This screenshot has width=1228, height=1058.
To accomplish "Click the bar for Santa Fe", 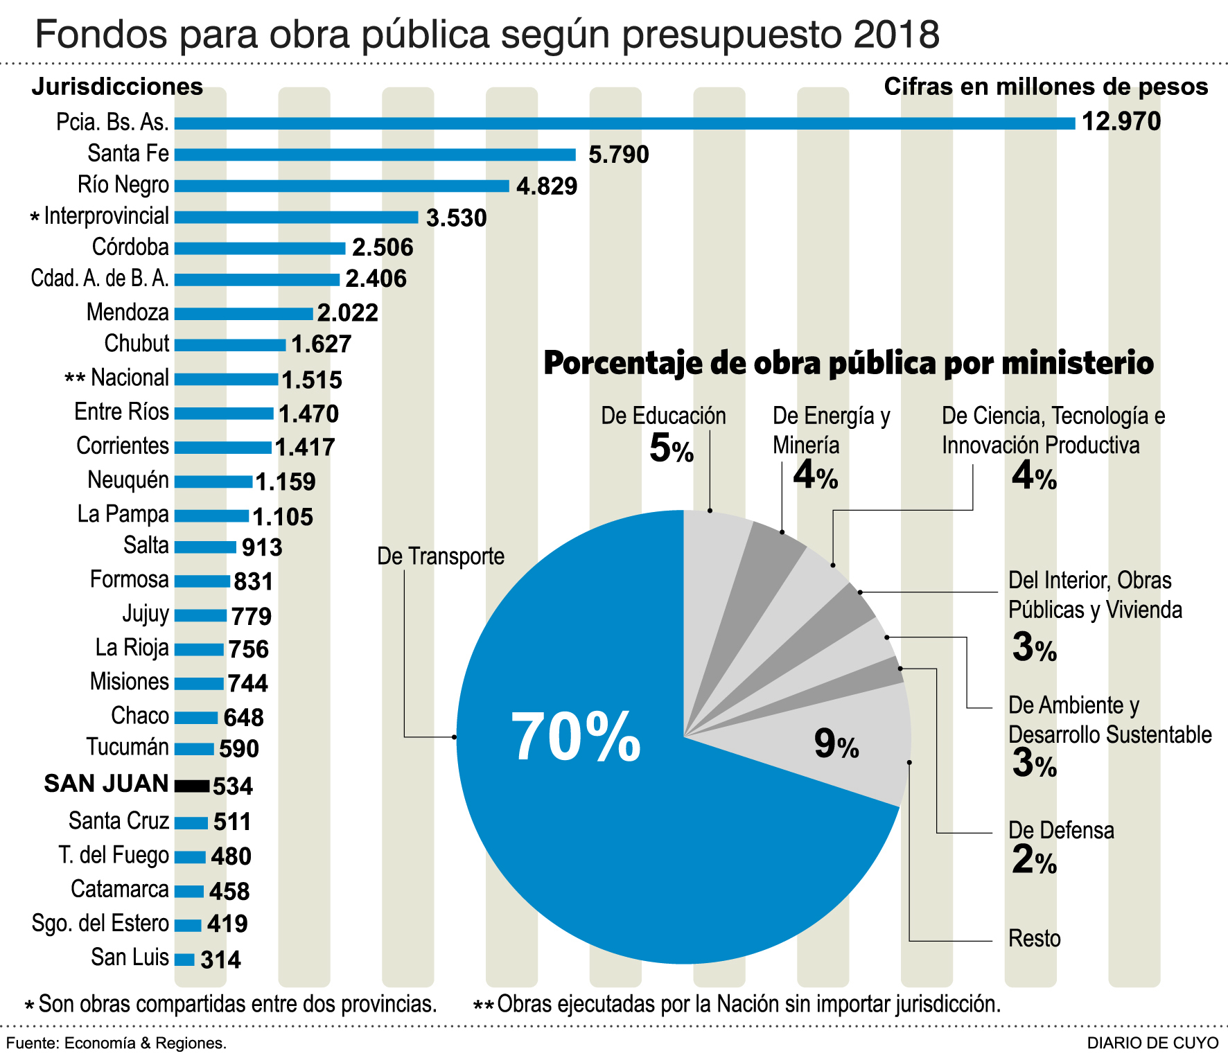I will [374, 155].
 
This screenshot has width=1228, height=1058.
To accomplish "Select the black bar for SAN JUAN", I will [192, 786].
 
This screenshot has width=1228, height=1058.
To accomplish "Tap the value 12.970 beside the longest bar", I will [1121, 122].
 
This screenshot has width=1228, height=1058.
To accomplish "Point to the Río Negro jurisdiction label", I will [123, 185].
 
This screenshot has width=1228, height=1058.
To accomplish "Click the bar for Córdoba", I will [260, 248].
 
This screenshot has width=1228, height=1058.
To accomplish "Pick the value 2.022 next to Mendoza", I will [348, 313].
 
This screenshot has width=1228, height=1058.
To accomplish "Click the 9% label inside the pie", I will [836, 744].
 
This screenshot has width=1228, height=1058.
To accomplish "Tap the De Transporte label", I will [441, 556].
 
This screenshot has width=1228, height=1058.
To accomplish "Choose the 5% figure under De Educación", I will [671, 449].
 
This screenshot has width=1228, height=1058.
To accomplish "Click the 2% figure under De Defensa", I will [1033, 861].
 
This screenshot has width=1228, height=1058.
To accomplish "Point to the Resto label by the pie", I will [1035, 939].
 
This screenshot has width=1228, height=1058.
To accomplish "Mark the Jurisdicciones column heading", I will [117, 87].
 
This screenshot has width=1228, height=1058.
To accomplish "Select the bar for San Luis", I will [184, 960].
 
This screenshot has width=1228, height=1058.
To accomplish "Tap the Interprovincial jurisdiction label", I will [106, 216].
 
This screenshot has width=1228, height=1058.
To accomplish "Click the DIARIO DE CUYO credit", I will [1152, 1043].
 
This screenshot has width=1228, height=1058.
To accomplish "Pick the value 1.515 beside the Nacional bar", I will [312, 380].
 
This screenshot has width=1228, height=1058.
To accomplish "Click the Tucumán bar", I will [194, 749].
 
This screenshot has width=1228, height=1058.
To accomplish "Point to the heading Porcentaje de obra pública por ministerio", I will [848, 363].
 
